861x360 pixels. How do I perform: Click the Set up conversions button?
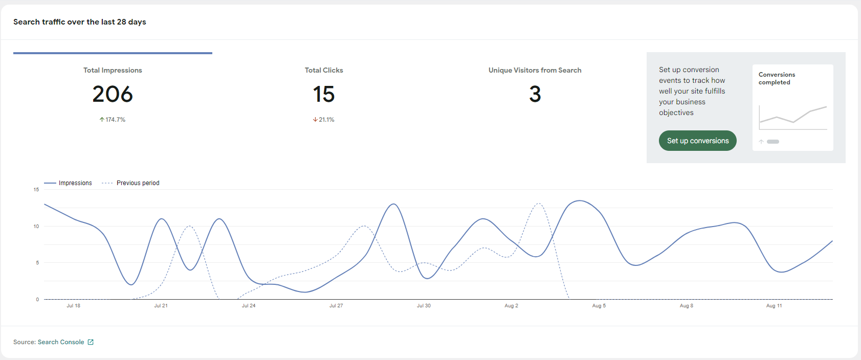click(698, 141)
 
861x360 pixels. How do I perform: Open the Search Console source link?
click(61, 342)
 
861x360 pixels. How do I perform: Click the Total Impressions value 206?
click(113, 94)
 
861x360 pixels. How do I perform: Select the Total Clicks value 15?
click(324, 94)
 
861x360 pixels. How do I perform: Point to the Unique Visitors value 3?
click(535, 94)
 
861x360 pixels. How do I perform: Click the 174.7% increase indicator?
click(112, 120)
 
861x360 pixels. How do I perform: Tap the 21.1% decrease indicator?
click(324, 120)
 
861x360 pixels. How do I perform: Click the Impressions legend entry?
click(68, 183)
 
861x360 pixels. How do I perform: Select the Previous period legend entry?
click(130, 183)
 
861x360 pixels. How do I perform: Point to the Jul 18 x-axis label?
click(74, 306)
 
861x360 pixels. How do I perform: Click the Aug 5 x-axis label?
click(599, 306)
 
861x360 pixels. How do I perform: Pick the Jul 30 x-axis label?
click(424, 306)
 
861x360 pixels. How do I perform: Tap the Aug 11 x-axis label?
click(774, 306)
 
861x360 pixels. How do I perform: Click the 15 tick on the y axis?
click(36, 189)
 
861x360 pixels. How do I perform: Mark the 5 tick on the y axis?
click(37, 263)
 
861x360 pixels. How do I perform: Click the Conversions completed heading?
click(777, 78)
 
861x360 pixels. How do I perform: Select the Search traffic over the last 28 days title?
click(80, 22)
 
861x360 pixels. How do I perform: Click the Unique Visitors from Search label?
click(535, 70)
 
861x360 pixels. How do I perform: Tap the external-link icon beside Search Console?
click(91, 342)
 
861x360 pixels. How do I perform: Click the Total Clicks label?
click(324, 70)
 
